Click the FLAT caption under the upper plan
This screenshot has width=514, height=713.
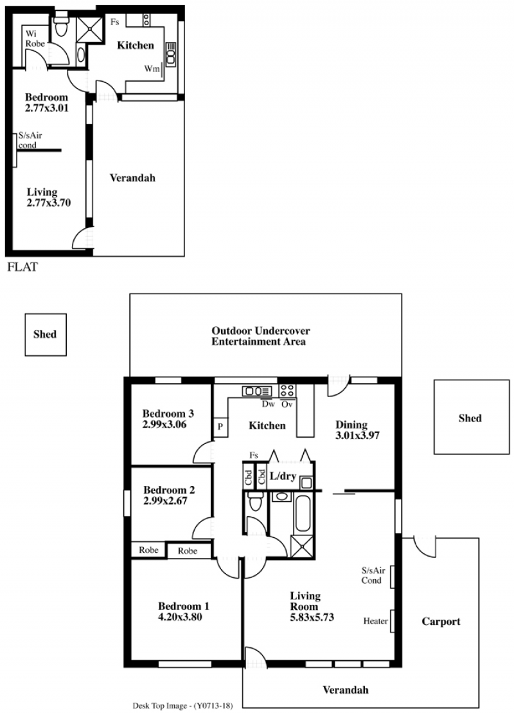pos(22,267)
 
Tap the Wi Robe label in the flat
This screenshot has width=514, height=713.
pos(35,39)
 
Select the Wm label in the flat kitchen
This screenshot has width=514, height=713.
pos(152,69)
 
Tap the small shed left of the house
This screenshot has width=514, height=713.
pos(46,335)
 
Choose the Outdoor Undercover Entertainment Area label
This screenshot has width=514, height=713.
pos(260,336)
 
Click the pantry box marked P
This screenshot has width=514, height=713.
pos(220,427)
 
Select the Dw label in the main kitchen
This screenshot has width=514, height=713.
pos(269,403)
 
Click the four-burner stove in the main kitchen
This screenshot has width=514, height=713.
pos(287,391)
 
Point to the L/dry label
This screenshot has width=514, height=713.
pos(283,476)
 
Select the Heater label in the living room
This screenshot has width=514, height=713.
pos(375,621)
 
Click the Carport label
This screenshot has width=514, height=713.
pos(441,622)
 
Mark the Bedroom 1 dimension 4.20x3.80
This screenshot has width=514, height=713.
pos(181,617)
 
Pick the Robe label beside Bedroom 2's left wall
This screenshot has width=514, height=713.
pos(148,550)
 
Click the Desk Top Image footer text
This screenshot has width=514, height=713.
pos(182,706)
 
